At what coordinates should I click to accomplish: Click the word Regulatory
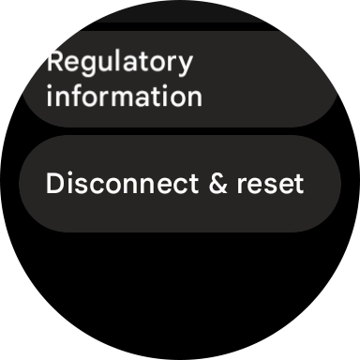pos(119,63)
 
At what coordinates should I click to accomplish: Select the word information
pos(124,96)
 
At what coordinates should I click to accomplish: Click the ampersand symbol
pos(218,184)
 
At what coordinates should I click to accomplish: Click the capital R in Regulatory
pos(55,62)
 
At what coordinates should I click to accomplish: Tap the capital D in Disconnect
pos(54,184)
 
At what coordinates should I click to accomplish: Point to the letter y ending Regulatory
pos(186,66)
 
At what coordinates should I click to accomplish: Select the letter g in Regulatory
pos(92,66)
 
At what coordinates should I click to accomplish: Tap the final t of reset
pos(299,185)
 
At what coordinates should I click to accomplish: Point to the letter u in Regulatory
pos(109,64)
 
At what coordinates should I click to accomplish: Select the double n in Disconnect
pos(140,185)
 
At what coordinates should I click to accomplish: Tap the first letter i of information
pos(50,95)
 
